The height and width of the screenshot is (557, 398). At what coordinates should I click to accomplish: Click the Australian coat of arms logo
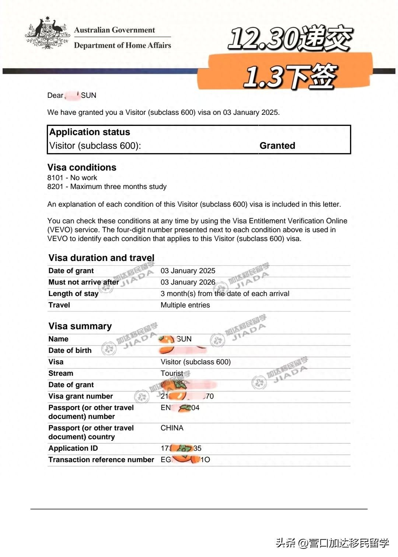click(48, 33)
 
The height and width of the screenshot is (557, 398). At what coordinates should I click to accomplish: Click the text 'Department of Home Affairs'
click(122, 45)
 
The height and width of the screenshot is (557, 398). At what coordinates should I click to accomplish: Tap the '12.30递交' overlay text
click(290, 38)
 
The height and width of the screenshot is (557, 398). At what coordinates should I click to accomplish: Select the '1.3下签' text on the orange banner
click(290, 76)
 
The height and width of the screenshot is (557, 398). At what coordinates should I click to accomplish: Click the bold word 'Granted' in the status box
click(277, 146)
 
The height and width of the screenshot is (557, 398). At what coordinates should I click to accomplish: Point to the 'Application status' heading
click(90, 132)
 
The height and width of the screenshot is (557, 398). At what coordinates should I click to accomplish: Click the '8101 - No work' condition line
click(72, 178)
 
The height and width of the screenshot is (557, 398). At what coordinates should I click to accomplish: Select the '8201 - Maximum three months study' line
click(107, 187)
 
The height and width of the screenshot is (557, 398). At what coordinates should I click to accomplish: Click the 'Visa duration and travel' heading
click(101, 258)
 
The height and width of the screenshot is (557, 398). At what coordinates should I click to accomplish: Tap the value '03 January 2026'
click(188, 282)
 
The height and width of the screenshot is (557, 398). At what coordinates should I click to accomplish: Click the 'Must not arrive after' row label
click(84, 282)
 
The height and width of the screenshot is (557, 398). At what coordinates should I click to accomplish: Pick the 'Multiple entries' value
click(185, 305)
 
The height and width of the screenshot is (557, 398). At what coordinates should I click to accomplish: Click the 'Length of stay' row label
click(73, 294)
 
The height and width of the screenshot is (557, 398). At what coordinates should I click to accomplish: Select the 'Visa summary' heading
click(80, 326)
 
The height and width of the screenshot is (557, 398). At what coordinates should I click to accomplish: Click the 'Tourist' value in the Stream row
click(172, 374)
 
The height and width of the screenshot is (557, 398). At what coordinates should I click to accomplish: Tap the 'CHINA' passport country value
click(172, 428)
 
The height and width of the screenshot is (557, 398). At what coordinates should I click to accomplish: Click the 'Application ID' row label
click(73, 448)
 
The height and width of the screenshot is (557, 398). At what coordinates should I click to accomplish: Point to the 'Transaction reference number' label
click(101, 460)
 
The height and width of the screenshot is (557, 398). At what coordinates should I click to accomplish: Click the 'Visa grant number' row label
click(81, 396)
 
